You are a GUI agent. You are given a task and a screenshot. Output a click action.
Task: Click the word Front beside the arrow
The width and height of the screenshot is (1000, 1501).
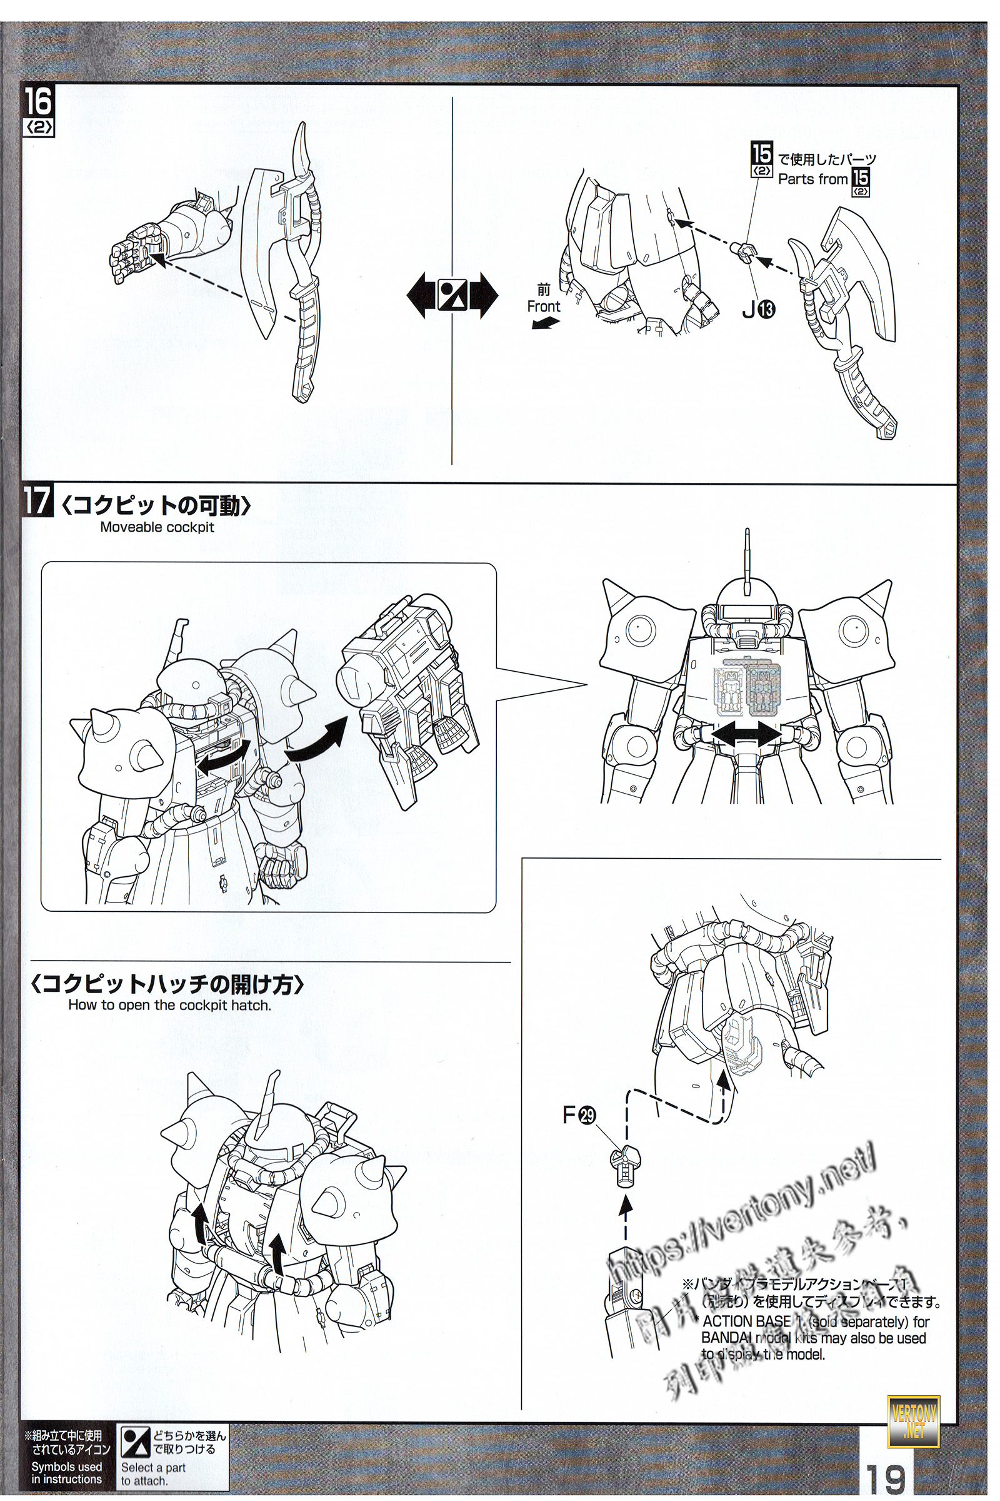(543, 306)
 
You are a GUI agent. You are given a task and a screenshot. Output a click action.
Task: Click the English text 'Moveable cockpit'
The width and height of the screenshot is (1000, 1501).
(157, 528)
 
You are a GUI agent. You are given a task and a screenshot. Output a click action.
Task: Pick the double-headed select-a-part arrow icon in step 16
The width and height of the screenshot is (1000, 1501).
(452, 296)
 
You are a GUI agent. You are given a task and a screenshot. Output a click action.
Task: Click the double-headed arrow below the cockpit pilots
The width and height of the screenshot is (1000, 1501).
(746, 736)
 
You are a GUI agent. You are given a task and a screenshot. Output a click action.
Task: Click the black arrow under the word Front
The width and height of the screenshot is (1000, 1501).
(545, 324)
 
